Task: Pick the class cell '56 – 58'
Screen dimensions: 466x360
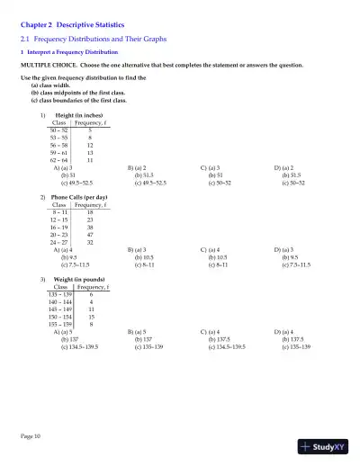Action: [60, 145]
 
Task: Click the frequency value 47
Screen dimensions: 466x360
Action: [90, 233]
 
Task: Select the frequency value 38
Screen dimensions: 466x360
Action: [90, 226]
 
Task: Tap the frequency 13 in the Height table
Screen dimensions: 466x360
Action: [90, 152]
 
